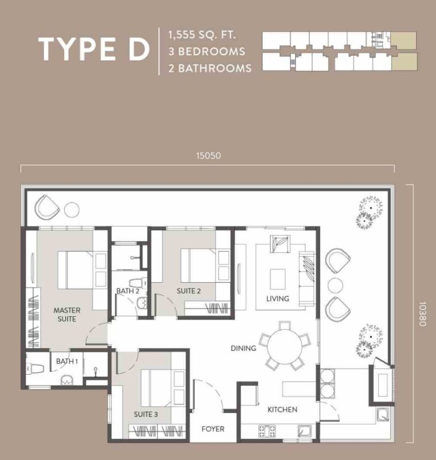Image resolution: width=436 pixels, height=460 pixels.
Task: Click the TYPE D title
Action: click(x=93, y=49)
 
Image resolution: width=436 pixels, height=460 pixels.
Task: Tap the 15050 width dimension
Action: click(x=208, y=155)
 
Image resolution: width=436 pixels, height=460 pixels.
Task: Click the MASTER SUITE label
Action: click(x=67, y=314)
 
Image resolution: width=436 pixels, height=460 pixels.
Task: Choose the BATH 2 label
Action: click(x=128, y=291)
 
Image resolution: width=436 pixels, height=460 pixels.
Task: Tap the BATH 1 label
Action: click(x=67, y=361)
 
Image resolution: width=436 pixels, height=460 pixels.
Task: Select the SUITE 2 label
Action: click(x=188, y=291)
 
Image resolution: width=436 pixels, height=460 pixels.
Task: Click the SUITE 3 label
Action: click(x=146, y=414)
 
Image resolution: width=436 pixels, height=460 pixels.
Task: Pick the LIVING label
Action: click(x=278, y=299)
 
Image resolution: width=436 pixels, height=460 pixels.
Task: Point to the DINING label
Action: click(x=243, y=348)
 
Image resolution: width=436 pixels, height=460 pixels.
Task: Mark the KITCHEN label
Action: click(x=282, y=409)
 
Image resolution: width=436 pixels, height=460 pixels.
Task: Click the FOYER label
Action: click(x=213, y=429)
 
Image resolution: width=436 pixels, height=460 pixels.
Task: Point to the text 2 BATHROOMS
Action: click(x=209, y=68)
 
